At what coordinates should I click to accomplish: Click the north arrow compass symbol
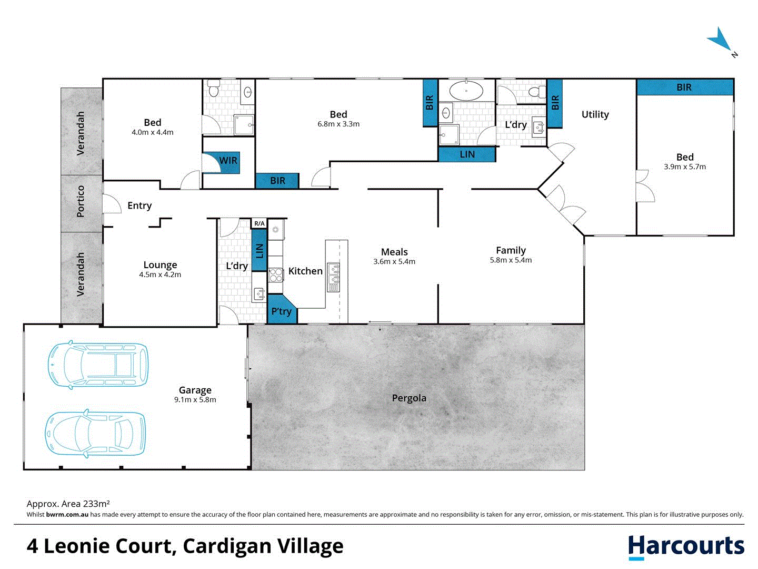721,41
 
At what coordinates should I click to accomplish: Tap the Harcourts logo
686,547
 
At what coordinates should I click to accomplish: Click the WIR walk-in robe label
228,161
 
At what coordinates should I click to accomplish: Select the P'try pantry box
281,311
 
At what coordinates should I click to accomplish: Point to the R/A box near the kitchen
260,223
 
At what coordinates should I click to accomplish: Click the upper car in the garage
98,365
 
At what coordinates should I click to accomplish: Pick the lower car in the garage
96,434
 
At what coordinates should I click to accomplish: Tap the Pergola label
409,398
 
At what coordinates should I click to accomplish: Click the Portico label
81,201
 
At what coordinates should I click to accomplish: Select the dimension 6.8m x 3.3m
338,124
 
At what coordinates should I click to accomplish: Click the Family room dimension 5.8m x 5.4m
511,260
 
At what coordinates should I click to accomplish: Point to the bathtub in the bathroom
466,91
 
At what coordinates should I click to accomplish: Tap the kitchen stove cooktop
276,275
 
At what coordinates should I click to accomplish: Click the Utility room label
595,114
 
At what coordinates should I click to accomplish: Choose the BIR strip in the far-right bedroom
684,87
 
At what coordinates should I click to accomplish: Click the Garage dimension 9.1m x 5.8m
195,400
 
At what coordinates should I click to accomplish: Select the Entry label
139,205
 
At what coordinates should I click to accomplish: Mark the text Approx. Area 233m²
68,504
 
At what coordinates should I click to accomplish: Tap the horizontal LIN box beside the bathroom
467,154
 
